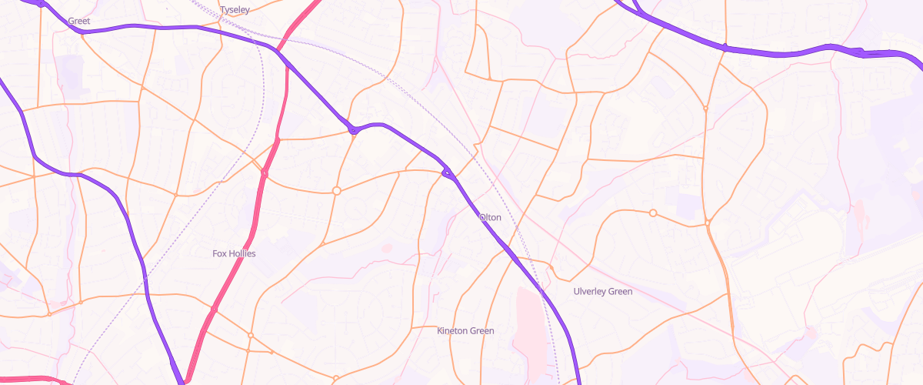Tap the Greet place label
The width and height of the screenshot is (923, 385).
point(79,22)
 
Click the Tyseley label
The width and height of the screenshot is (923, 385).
point(235,10)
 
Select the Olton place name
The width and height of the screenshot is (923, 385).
point(490,217)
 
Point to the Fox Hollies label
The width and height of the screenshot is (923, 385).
point(234,253)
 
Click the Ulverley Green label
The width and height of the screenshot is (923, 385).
point(603,292)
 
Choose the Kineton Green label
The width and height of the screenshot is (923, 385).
point(465,331)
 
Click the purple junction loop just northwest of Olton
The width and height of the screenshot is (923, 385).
point(446,174)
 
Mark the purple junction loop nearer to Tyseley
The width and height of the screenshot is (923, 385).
point(353,130)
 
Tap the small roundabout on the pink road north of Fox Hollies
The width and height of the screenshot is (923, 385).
point(264,174)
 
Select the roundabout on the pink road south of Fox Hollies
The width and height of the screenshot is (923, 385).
point(214,310)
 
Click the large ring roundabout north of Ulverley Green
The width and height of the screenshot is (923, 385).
point(653,213)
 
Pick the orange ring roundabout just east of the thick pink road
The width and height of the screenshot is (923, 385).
point(336,190)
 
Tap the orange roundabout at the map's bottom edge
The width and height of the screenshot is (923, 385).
point(336,378)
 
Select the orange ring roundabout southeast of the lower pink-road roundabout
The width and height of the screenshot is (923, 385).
point(251,335)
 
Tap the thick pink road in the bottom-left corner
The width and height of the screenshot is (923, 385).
point(31,379)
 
